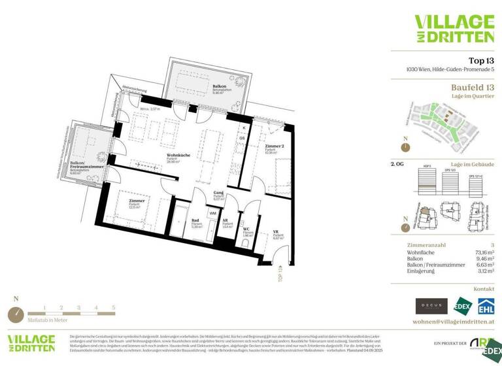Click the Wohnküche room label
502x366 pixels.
178,155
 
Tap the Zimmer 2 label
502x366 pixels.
275,147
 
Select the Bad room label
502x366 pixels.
195,220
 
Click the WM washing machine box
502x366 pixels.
212,213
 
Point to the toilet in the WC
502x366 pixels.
245,243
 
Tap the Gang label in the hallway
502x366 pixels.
219,193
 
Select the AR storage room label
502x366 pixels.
226,220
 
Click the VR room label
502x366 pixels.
276,231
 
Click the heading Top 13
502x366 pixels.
480,59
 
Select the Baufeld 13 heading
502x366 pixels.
472,87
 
